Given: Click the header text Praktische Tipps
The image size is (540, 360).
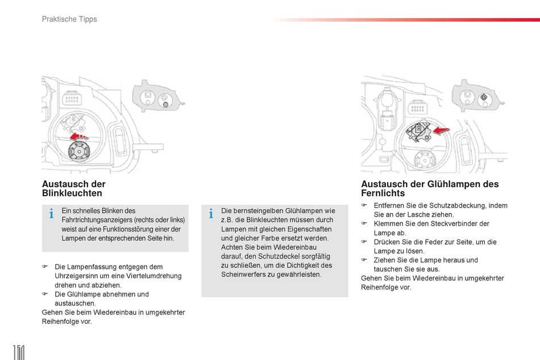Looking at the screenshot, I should (x=69, y=19).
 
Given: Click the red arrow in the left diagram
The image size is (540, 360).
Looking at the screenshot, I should (x=79, y=136).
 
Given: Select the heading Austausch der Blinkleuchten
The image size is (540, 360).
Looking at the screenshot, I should (x=74, y=189).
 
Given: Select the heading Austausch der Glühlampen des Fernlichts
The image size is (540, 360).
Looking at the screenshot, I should (x=430, y=189).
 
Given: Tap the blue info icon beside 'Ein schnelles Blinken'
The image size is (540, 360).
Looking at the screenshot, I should (x=51, y=214).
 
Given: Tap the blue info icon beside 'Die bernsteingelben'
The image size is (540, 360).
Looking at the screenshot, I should (x=211, y=214).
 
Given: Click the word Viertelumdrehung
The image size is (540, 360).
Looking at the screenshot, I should (x=155, y=276).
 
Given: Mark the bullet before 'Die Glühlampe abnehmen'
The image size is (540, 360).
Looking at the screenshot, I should (x=45, y=294).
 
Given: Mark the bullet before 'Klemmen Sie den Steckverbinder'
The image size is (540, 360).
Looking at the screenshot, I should (x=364, y=224).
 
